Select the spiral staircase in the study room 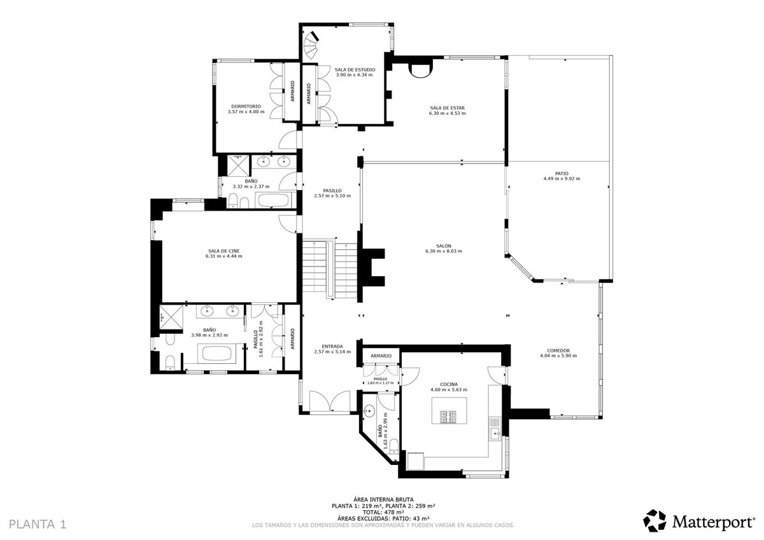point(311,45)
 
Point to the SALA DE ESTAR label point(447,108)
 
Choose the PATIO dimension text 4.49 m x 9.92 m point(562,179)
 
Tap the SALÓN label point(443,246)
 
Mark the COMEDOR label point(558,350)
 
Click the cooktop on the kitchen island point(448,417)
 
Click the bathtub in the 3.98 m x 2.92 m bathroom point(218,353)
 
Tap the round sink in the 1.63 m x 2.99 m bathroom point(369,412)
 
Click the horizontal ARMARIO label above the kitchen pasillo point(381,356)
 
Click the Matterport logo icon point(654,520)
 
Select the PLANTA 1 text point(38,524)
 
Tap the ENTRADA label point(329,346)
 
